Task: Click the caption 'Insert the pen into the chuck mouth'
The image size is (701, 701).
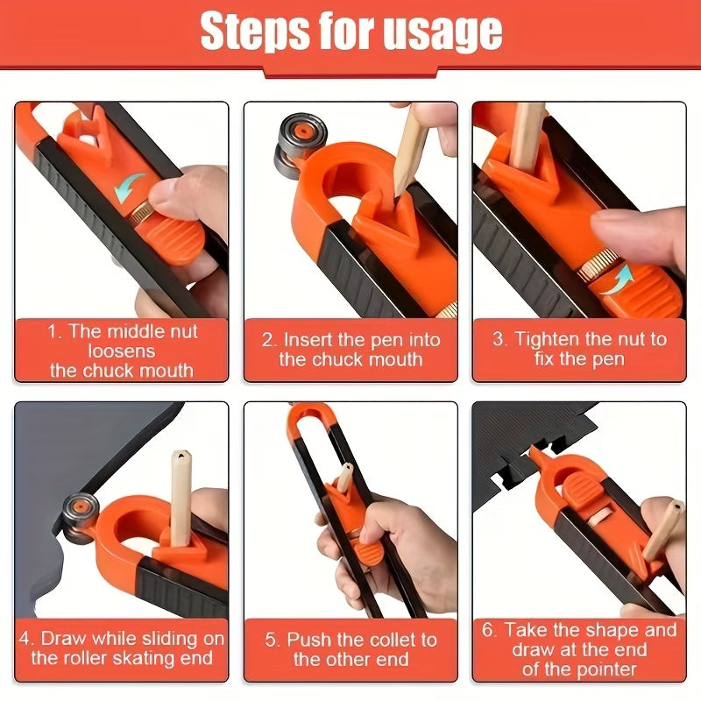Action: (x=350, y=350)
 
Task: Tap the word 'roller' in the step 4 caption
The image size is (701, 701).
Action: (x=81, y=657)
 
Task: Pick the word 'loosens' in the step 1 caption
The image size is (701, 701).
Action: (x=122, y=350)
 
